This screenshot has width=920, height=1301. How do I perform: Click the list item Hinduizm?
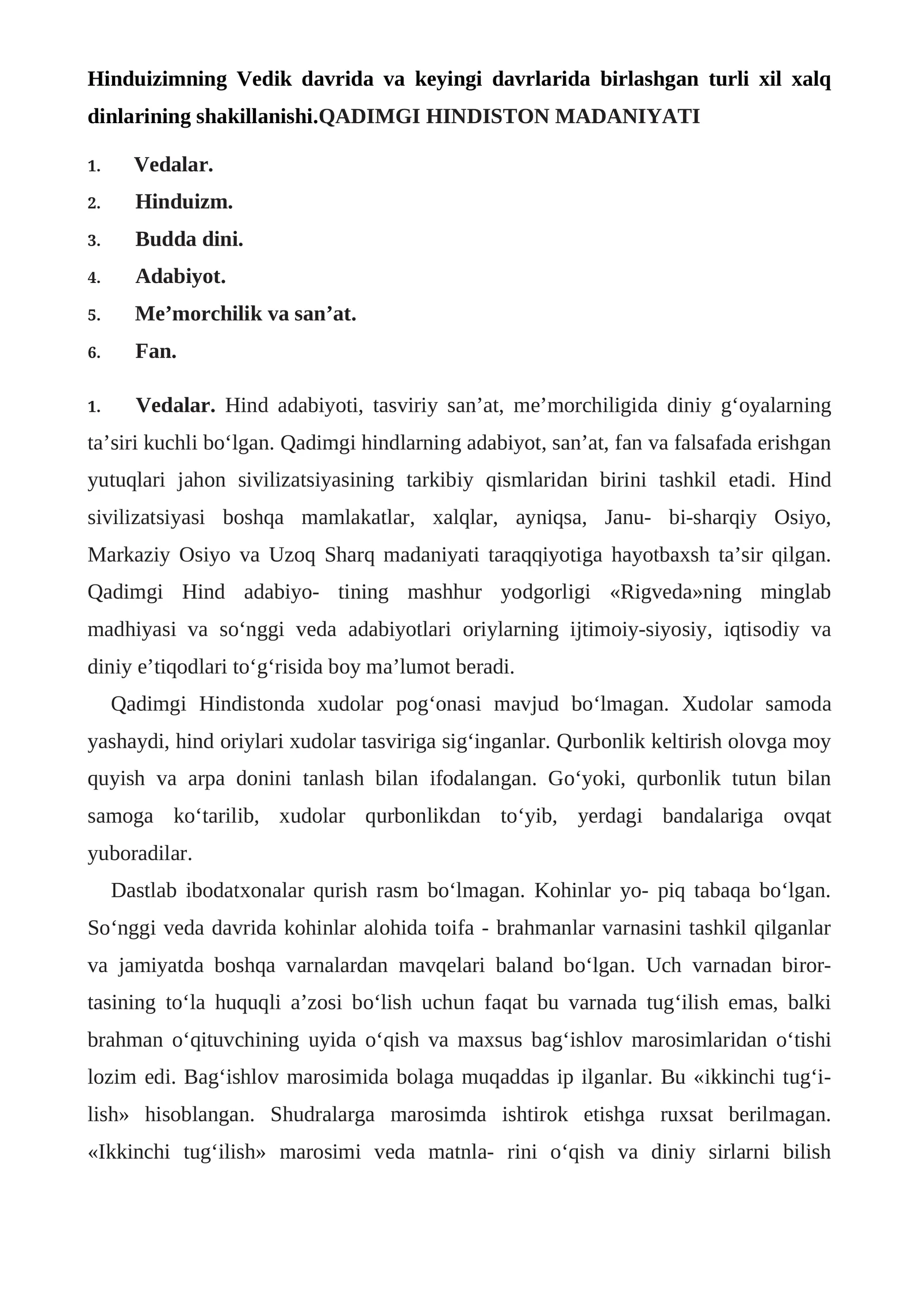pyautogui.click(x=184, y=202)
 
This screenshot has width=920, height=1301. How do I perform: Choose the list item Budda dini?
pyautogui.click(x=189, y=239)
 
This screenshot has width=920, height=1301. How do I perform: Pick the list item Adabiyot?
pyautogui.click(x=181, y=277)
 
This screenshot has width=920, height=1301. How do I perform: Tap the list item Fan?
pyautogui.click(x=156, y=351)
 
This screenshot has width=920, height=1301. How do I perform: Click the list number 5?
pyautogui.click(x=94, y=315)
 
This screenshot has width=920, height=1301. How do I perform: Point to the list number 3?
pyautogui.click(x=94, y=240)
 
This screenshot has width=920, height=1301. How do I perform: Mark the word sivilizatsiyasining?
pyautogui.click(x=316, y=480)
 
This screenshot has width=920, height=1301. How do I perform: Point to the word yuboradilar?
pyautogui.click(x=140, y=854)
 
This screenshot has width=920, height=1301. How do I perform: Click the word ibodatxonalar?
pyautogui.click(x=244, y=890)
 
